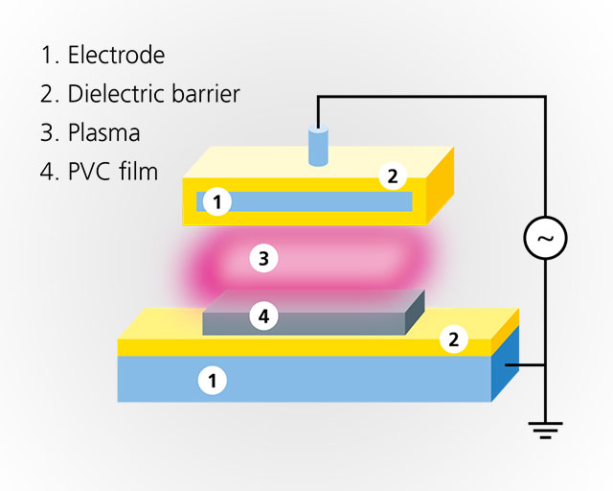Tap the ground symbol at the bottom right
coord(545,430)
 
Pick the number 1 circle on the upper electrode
coord(218,201)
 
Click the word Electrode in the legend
coord(116,55)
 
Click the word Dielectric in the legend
coord(114,94)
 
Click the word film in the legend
coord(140,173)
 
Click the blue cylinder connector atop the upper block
coord(317,146)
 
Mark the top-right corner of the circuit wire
coord(545,96)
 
